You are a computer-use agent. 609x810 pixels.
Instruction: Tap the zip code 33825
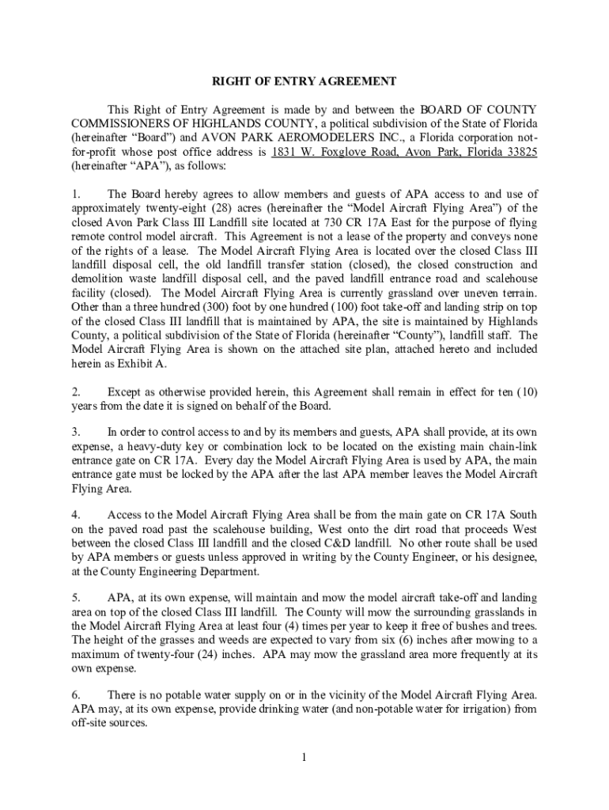click(x=519, y=153)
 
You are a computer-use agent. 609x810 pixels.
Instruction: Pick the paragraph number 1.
click(x=75, y=194)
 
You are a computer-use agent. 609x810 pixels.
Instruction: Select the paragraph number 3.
click(x=75, y=431)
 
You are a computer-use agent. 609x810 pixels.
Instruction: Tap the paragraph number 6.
click(x=75, y=694)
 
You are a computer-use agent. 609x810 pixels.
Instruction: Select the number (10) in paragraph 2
click(x=523, y=392)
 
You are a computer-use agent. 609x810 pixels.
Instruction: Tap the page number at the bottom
click(x=304, y=758)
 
